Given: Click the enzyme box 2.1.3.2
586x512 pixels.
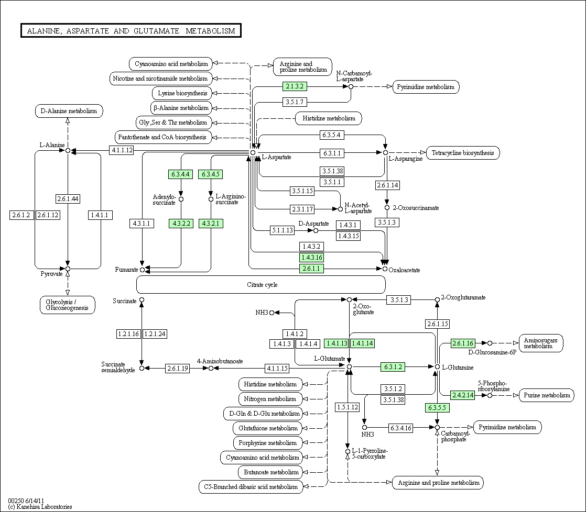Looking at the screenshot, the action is (x=295, y=86).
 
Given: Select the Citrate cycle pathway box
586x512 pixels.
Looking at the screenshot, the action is (x=261, y=284).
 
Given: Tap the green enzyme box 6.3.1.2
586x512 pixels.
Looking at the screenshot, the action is (x=393, y=367).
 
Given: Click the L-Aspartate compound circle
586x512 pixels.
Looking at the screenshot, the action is (x=253, y=153).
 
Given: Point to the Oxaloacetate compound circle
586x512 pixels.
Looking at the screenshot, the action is (x=385, y=269).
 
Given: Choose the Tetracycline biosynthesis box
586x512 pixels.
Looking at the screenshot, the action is (x=463, y=153).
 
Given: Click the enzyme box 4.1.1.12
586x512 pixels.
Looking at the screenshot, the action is (x=122, y=150).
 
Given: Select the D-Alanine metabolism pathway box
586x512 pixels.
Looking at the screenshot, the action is (x=69, y=111).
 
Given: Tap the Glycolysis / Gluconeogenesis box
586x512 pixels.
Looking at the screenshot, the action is (x=67, y=305).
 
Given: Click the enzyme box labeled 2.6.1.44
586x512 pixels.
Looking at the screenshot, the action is (x=68, y=198).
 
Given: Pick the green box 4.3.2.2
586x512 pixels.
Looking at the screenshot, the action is (x=181, y=223).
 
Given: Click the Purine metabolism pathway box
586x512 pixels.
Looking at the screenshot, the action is (x=547, y=395).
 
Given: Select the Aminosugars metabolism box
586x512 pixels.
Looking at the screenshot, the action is (x=541, y=343).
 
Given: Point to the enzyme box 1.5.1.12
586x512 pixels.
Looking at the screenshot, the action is (x=348, y=407).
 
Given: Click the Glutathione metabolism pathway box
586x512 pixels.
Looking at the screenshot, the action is (x=268, y=428).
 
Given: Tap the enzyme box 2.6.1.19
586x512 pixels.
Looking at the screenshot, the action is (x=178, y=369).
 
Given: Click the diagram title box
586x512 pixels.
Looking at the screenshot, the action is (x=131, y=30).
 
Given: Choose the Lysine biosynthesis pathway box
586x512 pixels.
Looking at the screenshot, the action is (x=182, y=93).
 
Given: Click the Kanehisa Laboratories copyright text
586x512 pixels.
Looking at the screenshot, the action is (x=40, y=507).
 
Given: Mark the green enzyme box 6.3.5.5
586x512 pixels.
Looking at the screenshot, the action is (x=437, y=407).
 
